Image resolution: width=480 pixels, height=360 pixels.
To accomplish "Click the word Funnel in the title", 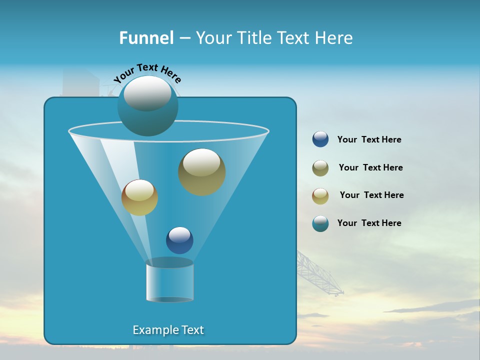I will tap(146, 38).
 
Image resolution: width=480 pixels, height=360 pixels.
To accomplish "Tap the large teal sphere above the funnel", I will tap(147, 105).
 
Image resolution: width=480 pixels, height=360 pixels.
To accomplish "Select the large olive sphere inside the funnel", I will tap(201, 172).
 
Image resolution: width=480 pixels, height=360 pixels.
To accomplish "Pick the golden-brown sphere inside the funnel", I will tap(139, 197).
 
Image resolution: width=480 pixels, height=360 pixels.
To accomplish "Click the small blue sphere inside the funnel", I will tap(179, 240).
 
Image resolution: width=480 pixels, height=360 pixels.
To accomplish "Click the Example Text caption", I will tap(168, 330).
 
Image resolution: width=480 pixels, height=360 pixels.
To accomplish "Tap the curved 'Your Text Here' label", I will tap(147, 73).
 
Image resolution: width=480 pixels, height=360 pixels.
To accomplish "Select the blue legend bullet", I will tap(320, 139).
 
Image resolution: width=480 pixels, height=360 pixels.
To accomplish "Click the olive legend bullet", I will tap(320, 168).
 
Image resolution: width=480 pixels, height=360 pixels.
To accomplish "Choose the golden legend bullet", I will tap(320, 196).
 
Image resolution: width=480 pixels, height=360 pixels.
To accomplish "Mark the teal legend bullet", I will tap(320, 223).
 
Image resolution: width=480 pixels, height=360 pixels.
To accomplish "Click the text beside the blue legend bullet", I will tap(369, 139).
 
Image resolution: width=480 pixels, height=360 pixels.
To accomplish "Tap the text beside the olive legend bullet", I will tap(370, 167).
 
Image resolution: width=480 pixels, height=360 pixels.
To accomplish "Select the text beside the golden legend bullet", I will tap(371, 195).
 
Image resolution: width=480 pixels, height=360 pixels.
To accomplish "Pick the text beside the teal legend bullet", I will tap(369, 223).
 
